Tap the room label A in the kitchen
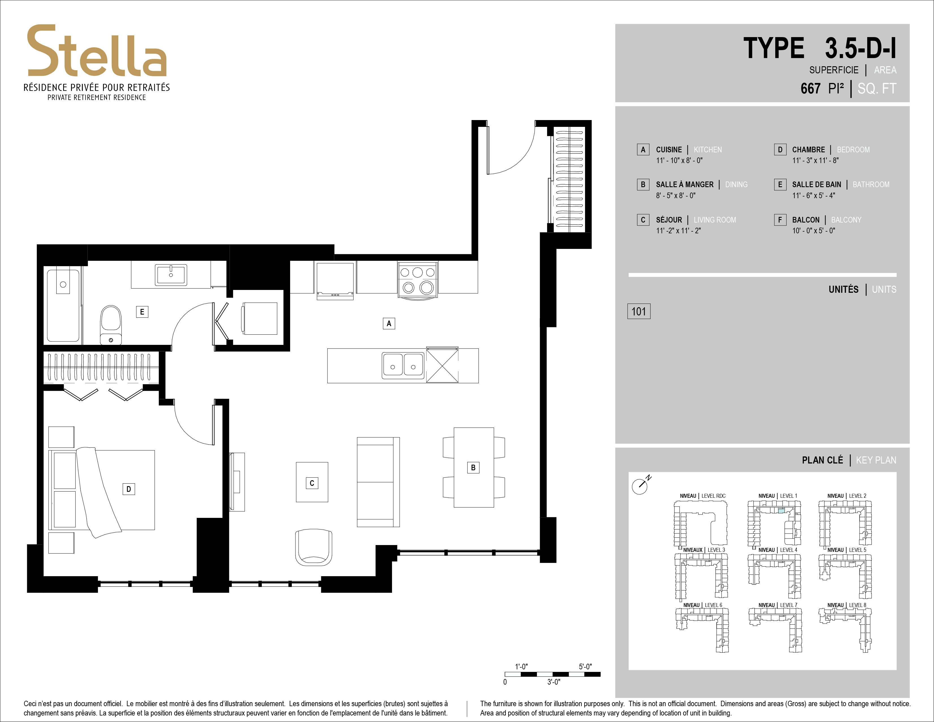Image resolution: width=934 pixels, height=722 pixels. (389, 323)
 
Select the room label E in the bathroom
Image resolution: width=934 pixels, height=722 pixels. (142, 312)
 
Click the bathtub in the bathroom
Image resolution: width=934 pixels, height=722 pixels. (63, 305)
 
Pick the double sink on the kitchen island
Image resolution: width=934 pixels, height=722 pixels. (403, 366)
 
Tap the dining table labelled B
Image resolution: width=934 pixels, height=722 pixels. (474, 467)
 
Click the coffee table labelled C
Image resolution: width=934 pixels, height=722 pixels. (312, 482)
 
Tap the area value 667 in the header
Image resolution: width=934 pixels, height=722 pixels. (810, 89)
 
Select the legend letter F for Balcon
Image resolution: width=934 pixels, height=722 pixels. (780, 220)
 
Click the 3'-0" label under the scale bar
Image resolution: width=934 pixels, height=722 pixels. (553, 682)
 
